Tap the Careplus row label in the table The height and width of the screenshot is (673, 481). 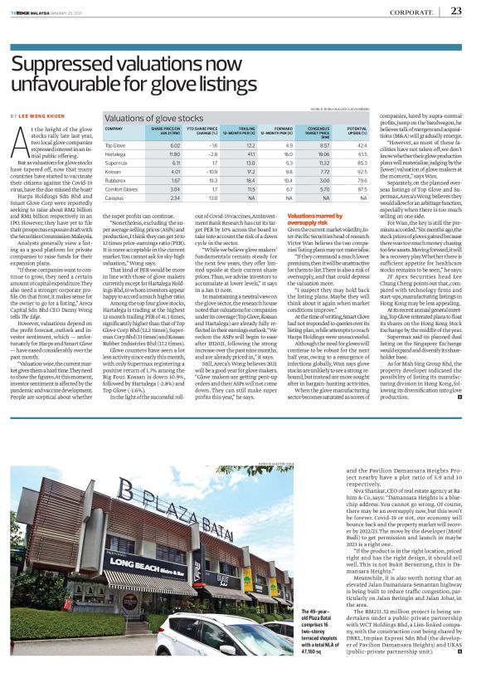[x=115, y=222]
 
